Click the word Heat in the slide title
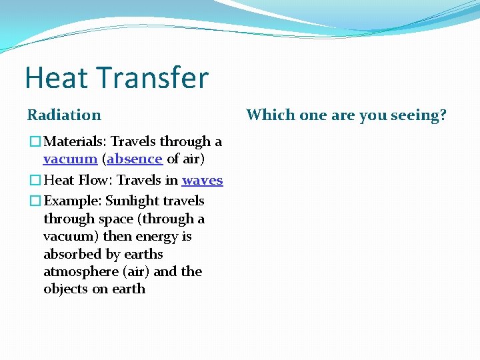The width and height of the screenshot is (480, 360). click(56, 78)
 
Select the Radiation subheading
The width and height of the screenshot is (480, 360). click(64, 115)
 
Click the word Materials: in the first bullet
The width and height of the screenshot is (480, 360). click(75, 141)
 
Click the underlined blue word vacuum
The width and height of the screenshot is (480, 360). click(70, 159)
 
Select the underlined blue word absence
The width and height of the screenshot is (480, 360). click(134, 159)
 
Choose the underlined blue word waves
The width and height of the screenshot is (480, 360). click(202, 180)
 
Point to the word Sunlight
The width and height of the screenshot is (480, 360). click(131, 201)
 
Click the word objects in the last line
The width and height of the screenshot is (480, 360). click(65, 289)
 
